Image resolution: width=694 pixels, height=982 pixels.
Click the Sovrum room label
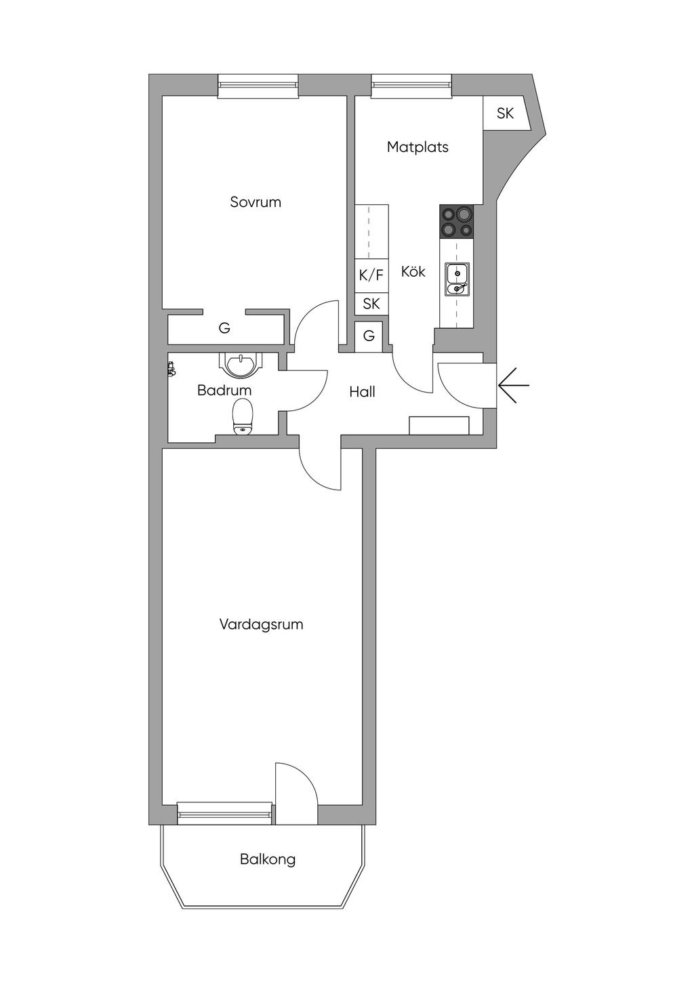pyautogui.click(x=256, y=202)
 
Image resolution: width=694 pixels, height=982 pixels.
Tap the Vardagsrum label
pyautogui.click(x=261, y=624)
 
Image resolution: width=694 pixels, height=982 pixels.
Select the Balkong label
pyautogui.click(x=268, y=859)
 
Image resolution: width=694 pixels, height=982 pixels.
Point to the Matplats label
pyautogui.click(x=417, y=146)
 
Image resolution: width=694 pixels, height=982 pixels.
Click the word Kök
pyautogui.click(x=413, y=271)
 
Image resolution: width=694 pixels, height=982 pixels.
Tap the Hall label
pyautogui.click(x=362, y=391)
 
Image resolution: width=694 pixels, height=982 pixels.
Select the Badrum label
pyautogui.click(x=224, y=390)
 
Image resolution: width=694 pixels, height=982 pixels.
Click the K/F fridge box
pyautogui.click(x=371, y=275)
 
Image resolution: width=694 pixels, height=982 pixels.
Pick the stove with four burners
pyautogui.click(x=457, y=222)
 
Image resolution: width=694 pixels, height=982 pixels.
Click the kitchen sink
pyautogui.click(x=457, y=280)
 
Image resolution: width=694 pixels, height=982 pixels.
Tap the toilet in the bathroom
pyautogui.click(x=243, y=416)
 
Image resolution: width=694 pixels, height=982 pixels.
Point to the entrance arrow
pyautogui.click(x=513, y=386)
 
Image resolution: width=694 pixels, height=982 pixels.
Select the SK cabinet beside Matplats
pyautogui.click(x=505, y=113)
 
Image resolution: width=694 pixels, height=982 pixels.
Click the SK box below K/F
pyautogui.click(x=371, y=303)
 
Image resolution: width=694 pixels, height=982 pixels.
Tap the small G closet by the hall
pyautogui.click(x=369, y=336)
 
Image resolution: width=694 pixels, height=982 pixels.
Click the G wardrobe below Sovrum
pyautogui.click(x=224, y=328)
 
